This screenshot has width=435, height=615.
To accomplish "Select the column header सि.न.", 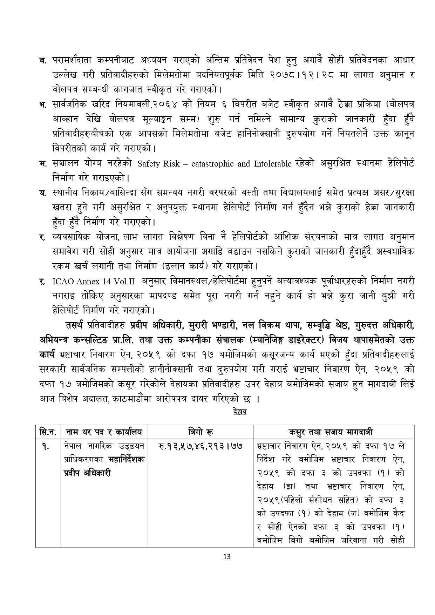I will pos(47,431).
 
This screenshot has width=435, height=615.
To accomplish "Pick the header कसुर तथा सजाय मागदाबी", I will pos(333,431).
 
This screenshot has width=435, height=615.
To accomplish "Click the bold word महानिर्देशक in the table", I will pos(126,460).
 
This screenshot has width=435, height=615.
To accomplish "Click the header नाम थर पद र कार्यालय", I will pos(104,431).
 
